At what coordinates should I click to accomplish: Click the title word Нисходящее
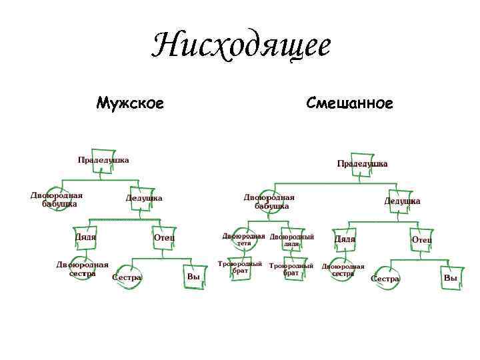(241, 45)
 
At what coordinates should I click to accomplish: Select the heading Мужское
(130, 103)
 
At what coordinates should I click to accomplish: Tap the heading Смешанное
(349, 103)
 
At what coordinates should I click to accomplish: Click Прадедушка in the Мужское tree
(103, 160)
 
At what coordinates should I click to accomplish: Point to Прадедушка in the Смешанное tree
(362, 164)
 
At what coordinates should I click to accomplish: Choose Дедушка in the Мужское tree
(144, 198)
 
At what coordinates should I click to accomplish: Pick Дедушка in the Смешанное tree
(401, 201)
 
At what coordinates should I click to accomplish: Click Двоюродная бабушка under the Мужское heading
(57, 199)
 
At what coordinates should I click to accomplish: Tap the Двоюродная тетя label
(243, 239)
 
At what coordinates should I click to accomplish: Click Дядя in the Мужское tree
(85, 237)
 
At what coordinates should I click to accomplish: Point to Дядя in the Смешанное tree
(345, 239)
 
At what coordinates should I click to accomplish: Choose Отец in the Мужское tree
(164, 237)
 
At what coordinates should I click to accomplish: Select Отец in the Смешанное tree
(421, 240)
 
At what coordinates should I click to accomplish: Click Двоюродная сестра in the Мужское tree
(82, 269)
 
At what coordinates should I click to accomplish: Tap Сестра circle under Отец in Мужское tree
(127, 277)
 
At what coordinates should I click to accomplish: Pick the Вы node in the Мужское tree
(194, 277)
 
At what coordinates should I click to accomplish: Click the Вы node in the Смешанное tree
(451, 278)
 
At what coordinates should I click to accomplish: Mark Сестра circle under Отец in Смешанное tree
(385, 279)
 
